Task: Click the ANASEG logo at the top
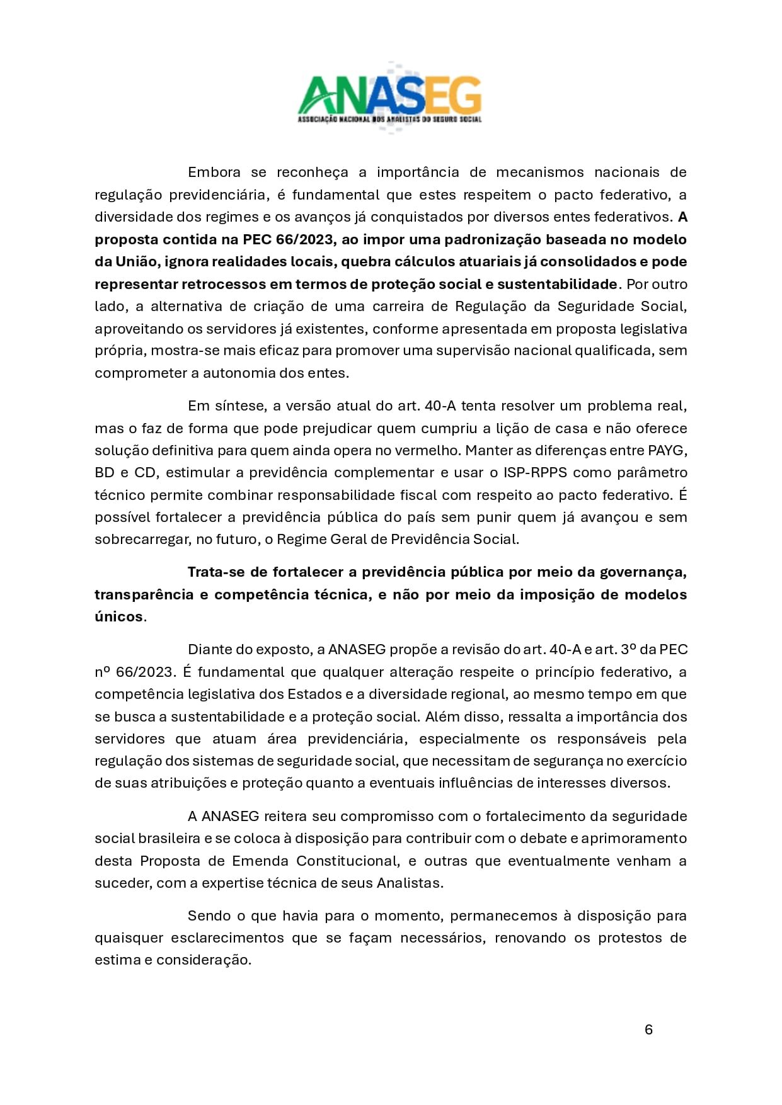(389, 98)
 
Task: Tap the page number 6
(648, 1029)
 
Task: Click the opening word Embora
(214, 173)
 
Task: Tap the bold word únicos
(119, 617)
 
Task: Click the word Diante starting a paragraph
(210, 650)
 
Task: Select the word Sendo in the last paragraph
(210, 916)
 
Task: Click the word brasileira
(170, 839)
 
